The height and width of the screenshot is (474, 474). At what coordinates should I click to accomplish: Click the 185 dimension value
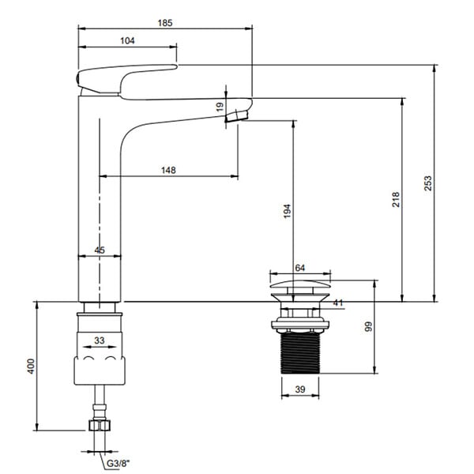tap(165, 23)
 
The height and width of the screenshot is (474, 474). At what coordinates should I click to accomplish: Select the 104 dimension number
tap(127, 41)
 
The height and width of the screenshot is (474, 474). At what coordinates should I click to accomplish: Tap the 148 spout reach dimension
tap(168, 170)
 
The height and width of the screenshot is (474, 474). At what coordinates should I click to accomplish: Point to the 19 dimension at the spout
tap(220, 107)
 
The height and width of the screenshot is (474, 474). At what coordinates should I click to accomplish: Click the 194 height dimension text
tap(288, 211)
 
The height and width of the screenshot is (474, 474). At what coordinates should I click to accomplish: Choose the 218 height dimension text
tap(396, 199)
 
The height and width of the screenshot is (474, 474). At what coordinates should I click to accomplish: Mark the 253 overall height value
tap(428, 183)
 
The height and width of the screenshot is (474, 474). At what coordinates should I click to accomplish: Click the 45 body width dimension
tap(100, 250)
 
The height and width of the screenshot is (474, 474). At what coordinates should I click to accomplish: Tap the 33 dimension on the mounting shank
tap(100, 340)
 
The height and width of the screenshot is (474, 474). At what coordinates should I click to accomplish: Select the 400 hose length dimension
tap(31, 366)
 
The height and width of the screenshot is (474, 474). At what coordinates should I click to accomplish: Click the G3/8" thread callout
tap(118, 464)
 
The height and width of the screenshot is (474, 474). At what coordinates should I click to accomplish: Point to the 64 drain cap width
tap(299, 268)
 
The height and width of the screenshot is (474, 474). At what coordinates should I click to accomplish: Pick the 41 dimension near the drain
tap(338, 303)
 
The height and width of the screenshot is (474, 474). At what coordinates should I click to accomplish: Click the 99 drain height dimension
tap(368, 327)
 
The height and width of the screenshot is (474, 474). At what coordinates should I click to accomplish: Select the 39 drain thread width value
tap(300, 389)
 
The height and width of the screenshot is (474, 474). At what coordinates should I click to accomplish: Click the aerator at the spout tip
tap(236, 116)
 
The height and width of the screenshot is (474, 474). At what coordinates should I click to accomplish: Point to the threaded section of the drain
tap(300, 353)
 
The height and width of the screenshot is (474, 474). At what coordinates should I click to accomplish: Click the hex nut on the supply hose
tap(100, 425)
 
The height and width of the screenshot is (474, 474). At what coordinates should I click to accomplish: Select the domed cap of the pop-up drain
tap(300, 284)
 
